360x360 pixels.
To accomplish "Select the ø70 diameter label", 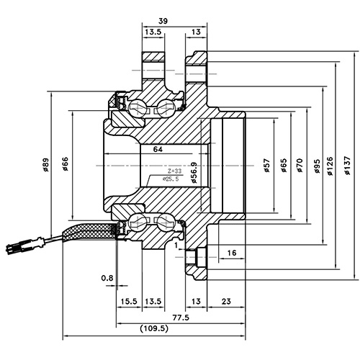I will click(300, 167).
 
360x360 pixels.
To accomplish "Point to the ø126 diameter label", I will click(330, 167).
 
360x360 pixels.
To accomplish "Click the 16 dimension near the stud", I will click(232, 253).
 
